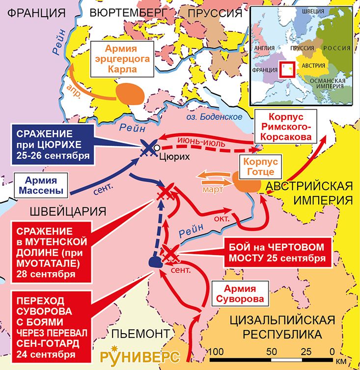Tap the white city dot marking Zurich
156,147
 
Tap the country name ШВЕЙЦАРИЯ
68,212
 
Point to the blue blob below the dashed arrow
155,262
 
